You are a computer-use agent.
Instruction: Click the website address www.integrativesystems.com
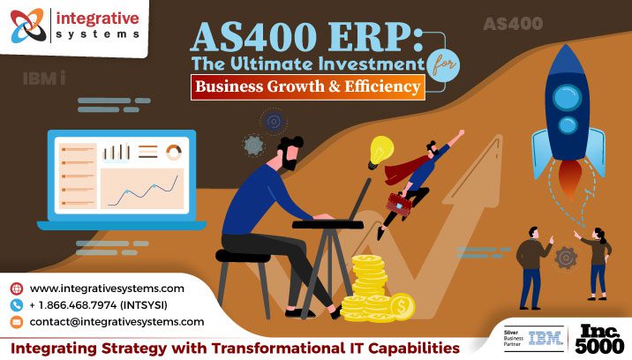coord(107,289)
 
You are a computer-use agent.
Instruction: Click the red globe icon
coord(16,289)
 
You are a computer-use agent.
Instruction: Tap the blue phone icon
coord(16,305)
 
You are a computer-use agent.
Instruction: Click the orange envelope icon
coord(16,322)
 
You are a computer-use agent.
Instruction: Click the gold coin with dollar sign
coord(401,305)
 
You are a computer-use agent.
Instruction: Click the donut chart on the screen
coord(173,152)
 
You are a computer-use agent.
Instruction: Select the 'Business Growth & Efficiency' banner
coord(308,86)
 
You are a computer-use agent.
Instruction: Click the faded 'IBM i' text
coord(43,79)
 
